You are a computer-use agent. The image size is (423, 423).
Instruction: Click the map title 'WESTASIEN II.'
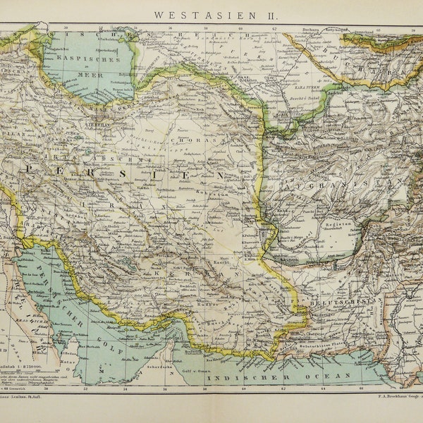coord(212,13)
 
